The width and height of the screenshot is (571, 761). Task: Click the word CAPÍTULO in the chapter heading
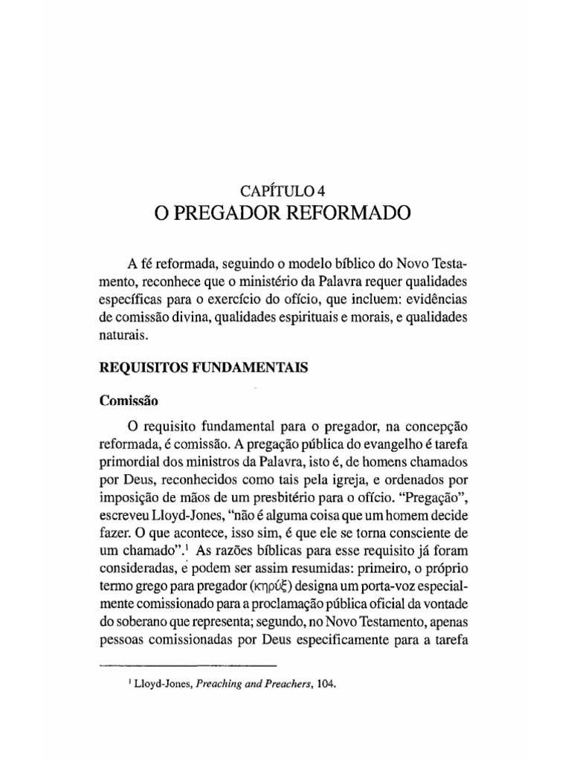pyautogui.click(x=277, y=191)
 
